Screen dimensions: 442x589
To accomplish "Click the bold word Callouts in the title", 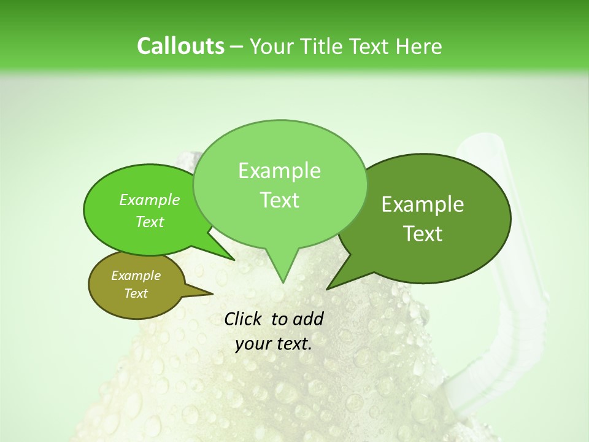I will pos(180,46).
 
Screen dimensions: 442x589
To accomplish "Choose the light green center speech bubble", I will pos(280,184).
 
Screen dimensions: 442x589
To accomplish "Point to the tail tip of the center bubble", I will pos(282,282).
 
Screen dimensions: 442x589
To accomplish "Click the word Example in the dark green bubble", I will pos(423,204).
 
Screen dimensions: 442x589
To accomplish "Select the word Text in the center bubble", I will pos(280,200).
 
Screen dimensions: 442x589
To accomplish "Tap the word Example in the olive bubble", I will pos(136,276).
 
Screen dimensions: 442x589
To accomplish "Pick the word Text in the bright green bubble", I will pos(150,222).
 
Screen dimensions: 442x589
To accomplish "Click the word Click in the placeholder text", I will pos(243,319).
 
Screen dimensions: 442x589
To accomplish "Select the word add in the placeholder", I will pos(308,319).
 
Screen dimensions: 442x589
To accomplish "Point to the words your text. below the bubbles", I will pos(274,343).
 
